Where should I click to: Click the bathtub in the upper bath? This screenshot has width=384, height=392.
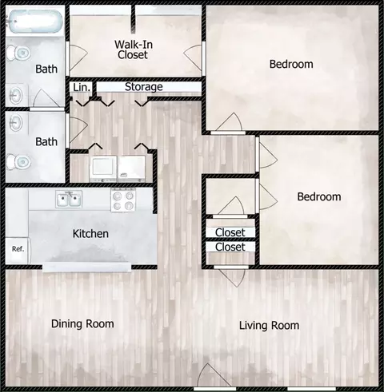pos(34,22)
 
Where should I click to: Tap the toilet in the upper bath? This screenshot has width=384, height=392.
pos(18,53)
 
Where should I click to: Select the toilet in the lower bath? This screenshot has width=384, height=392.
pos(18,161)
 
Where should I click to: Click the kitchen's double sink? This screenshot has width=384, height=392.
pos(69,199)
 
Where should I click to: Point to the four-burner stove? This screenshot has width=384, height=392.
pos(123,200)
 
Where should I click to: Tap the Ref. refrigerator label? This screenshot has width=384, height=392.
pos(18,249)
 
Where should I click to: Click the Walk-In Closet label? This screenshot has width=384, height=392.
pos(134,49)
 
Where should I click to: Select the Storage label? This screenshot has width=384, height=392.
pos(144,87)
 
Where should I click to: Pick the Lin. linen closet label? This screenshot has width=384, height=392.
pos(82,87)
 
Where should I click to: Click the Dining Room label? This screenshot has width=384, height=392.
pos(82,324)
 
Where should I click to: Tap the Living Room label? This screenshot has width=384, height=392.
pos(269,326)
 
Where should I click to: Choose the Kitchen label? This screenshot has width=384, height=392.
pos(90,234)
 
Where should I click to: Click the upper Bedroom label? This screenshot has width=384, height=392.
pos(291,64)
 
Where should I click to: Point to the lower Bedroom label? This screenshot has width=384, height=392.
pos(319,196)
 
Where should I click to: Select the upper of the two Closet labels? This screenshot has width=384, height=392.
pos(230,232)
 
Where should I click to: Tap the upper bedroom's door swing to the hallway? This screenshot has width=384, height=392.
pos(230,122)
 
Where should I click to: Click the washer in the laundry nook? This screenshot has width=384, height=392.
pos(103,168)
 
